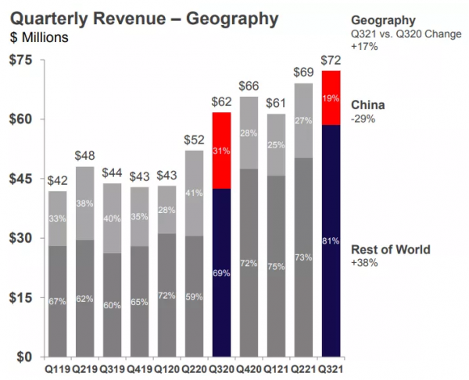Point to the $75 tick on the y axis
20,60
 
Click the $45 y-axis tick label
20,179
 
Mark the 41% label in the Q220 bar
195,192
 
